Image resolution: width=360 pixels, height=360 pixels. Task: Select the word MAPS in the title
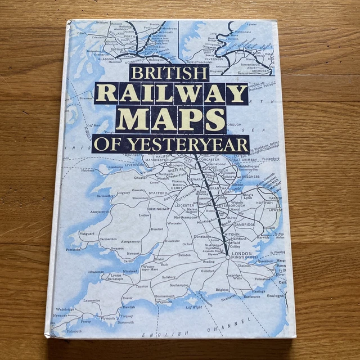point(171,119)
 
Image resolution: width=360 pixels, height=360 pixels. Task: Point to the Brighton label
point(222,290)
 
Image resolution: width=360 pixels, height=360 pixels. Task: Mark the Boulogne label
point(275,296)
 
